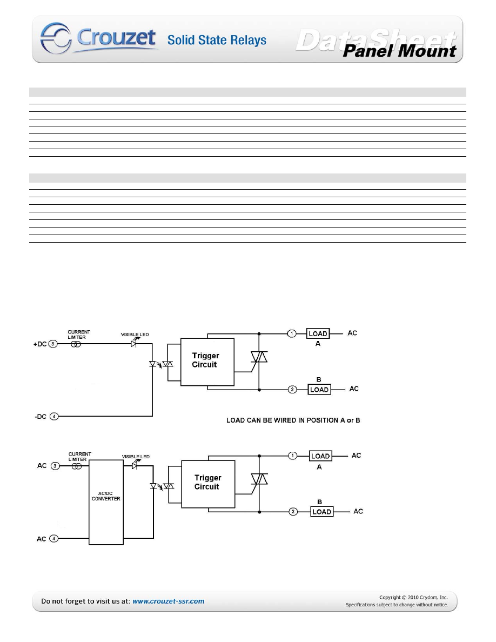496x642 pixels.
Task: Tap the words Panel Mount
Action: click(x=400, y=51)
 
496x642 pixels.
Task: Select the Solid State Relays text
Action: click(x=217, y=40)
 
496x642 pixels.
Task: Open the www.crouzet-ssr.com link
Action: click(x=168, y=601)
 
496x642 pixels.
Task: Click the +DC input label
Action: click(x=40, y=344)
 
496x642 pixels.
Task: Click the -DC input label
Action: click(x=40, y=416)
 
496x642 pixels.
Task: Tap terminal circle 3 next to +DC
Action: click(x=53, y=344)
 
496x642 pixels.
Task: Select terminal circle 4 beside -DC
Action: click(x=53, y=416)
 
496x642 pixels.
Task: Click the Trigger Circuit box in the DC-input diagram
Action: click(x=207, y=362)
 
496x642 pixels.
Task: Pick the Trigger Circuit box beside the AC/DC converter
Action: click(x=208, y=484)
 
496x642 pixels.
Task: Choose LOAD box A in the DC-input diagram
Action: click(x=318, y=333)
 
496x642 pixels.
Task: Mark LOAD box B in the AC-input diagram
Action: click(x=321, y=511)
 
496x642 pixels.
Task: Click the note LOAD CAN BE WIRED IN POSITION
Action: click(x=293, y=420)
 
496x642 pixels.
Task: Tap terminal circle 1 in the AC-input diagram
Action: click(x=292, y=456)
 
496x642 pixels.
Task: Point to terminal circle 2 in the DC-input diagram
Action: click(x=292, y=390)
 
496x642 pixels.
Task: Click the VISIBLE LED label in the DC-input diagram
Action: click(x=134, y=335)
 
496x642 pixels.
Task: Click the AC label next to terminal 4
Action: click(x=42, y=539)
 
